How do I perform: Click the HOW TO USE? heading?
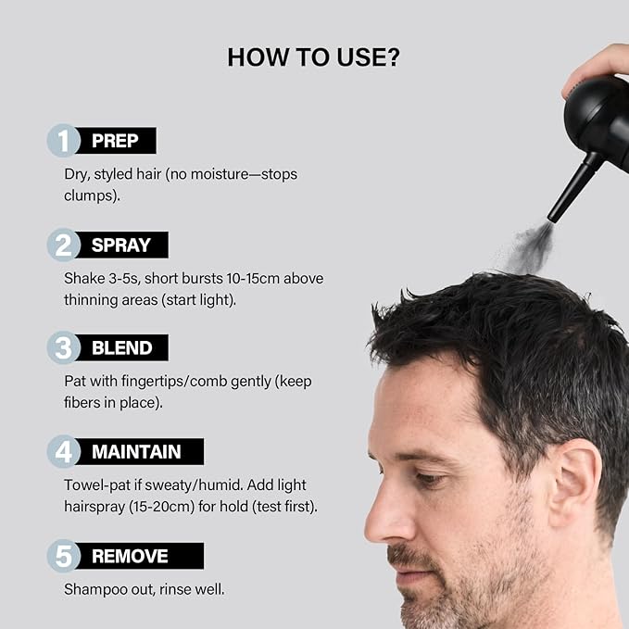click(x=313, y=57)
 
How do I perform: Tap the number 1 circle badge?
click(x=63, y=141)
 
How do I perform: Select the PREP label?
click(x=115, y=141)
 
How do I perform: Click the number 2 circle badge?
click(x=63, y=245)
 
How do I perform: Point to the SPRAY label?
click(x=121, y=245)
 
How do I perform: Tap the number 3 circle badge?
click(x=63, y=347)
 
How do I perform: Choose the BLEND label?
click(x=122, y=347)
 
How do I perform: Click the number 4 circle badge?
click(x=63, y=451)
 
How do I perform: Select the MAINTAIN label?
click(x=136, y=452)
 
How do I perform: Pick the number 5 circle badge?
click(x=63, y=556)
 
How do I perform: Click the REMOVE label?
click(x=130, y=556)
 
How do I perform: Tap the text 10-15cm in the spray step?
click(x=253, y=279)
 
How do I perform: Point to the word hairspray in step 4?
click(x=94, y=507)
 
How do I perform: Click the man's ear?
click(x=574, y=483)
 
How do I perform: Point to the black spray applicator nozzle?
click(x=574, y=188)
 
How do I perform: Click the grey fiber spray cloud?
click(x=530, y=248)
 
